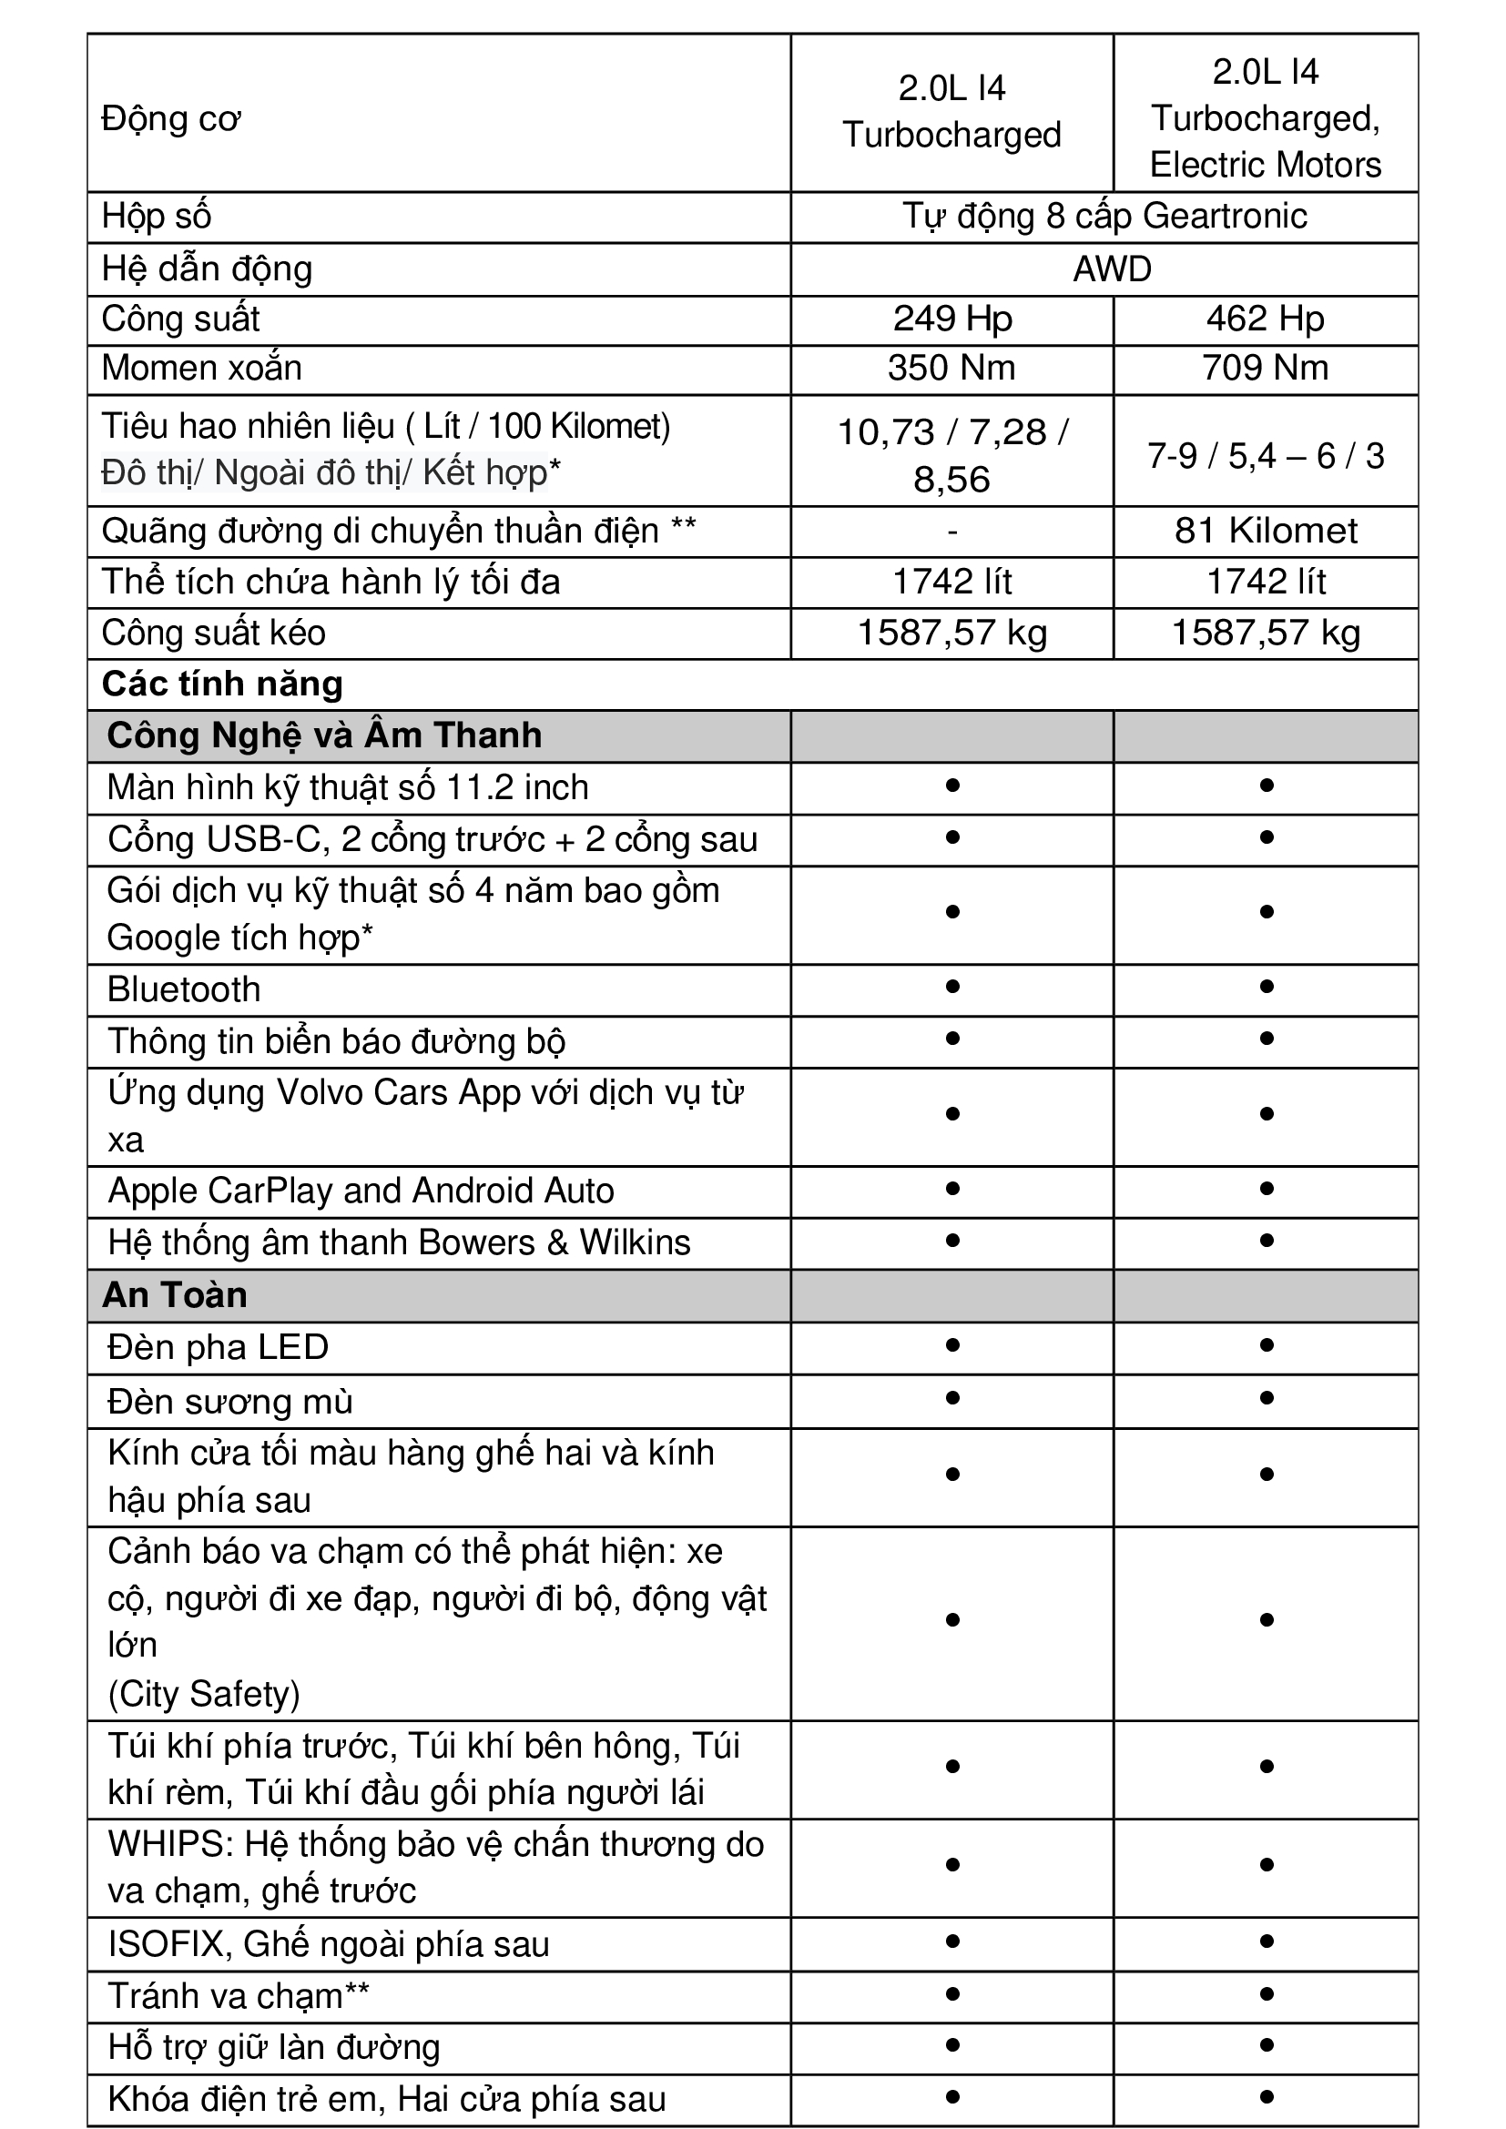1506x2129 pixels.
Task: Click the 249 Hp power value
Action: tap(951, 319)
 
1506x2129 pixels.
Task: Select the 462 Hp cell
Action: tap(1265, 319)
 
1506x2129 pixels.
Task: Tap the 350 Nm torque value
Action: tap(951, 368)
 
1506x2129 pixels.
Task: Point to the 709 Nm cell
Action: tap(1265, 368)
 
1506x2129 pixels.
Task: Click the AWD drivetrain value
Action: tap(1112, 269)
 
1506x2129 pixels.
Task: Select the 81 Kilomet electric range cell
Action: tap(1265, 531)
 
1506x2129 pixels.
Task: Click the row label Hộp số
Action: tap(157, 216)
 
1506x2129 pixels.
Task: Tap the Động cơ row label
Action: tap(171, 118)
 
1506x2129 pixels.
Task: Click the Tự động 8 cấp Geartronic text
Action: tap(1104, 216)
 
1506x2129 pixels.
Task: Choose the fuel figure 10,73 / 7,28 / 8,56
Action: tap(951, 455)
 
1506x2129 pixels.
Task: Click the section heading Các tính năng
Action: tap(222, 684)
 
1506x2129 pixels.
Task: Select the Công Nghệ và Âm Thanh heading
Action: tap(324, 735)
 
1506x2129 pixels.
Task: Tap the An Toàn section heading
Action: tap(175, 1294)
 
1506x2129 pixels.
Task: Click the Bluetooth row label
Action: tap(185, 989)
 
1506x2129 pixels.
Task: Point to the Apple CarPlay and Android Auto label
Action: tap(361, 1191)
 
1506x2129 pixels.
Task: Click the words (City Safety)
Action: tap(204, 1693)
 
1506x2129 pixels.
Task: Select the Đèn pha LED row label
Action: tap(219, 1346)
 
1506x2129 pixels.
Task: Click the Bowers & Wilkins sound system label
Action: tap(400, 1242)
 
